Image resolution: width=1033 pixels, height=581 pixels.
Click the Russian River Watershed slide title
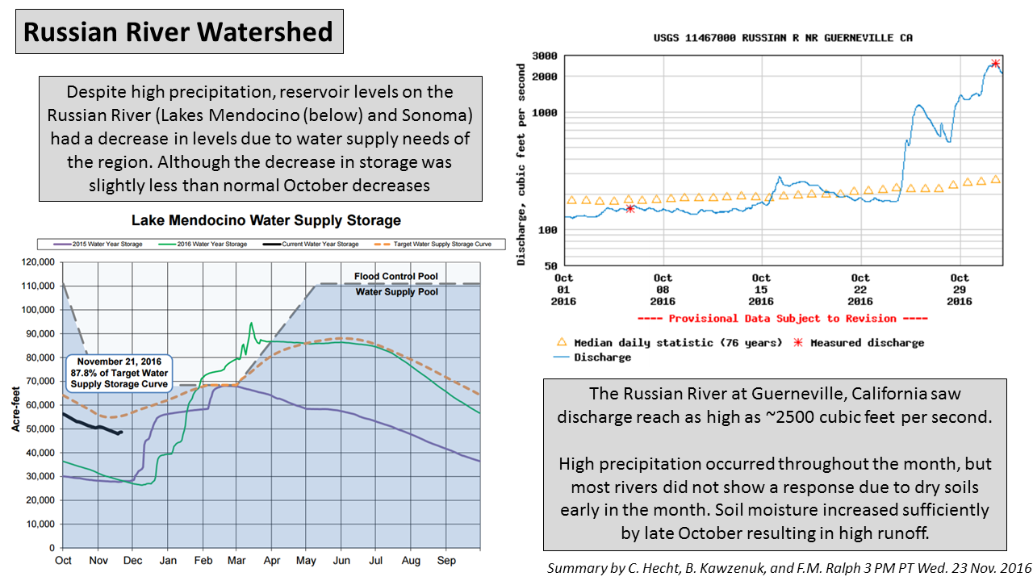pyautogui.click(x=178, y=31)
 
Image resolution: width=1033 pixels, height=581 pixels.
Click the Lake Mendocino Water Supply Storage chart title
pyautogui.click(x=266, y=220)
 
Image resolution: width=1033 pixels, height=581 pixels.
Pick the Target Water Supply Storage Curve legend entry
pyautogui.click(x=439, y=244)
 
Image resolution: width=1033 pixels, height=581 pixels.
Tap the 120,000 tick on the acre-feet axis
pyautogui.click(x=36, y=262)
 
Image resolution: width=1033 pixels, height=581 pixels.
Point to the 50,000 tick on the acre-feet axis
pyautogui.click(x=39, y=428)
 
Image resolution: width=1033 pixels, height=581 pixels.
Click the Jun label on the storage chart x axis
pyautogui.click(x=343, y=560)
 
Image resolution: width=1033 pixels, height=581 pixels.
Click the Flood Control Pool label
pyautogui.click(x=396, y=277)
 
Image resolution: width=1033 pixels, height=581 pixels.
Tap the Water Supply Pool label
pyautogui.click(x=397, y=291)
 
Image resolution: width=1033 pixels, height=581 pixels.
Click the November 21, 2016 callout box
pyautogui.click(x=119, y=374)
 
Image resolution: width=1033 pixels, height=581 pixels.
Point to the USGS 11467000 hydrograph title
pyautogui.click(x=782, y=38)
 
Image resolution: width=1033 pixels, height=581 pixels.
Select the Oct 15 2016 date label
pyautogui.click(x=761, y=289)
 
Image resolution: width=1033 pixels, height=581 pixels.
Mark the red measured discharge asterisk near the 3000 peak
pyautogui.click(x=995, y=63)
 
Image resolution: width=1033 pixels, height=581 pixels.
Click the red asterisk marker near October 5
pyautogui.click(x=630, y=208)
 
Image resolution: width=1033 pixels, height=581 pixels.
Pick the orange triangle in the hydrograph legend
pyautogui.click(x=563, y=342)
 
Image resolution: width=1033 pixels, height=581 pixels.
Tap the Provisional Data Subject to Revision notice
pyautogui.click(x=782, y=319)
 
